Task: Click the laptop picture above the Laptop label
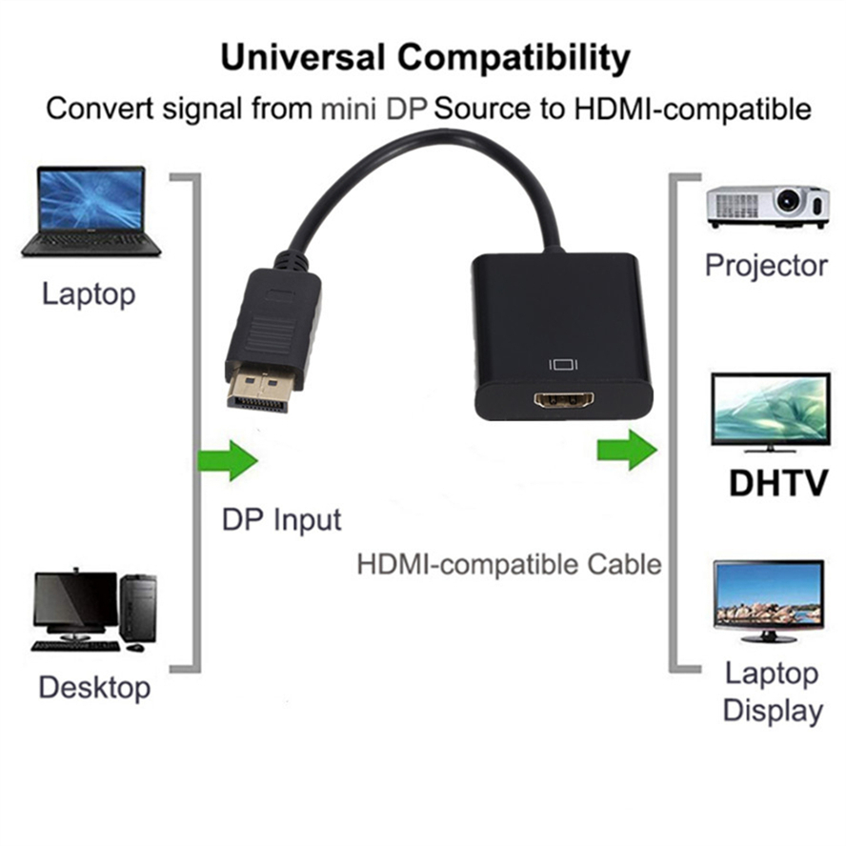tap(91, 211)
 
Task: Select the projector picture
tap(767, 205)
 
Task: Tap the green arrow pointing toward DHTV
tap(626, 449)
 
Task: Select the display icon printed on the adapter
tap(565, 364)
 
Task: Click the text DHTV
tap(777, 483)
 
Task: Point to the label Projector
tap(766, 265)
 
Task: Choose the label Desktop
tap(94, 687)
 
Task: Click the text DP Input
tap(281, 520)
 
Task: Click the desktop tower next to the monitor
tap(138, 608)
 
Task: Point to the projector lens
tap(789, 201)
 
